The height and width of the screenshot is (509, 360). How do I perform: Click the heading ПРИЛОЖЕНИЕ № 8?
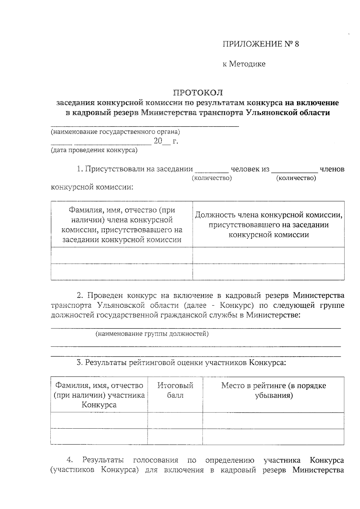261,44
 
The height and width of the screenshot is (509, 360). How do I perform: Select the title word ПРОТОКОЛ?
198,92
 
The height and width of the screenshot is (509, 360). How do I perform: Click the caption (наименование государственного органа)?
115,132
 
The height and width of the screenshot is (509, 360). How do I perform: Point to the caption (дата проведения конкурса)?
94,150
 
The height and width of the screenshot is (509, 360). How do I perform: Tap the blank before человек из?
211,171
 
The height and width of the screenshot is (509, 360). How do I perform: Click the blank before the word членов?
294,171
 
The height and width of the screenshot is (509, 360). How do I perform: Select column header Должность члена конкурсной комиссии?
268,225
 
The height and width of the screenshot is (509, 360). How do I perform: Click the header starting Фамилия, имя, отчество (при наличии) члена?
122,225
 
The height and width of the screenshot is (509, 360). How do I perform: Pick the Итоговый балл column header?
175,390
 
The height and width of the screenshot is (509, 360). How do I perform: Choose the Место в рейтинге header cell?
273,390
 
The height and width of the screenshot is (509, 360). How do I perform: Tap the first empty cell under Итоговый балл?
175,421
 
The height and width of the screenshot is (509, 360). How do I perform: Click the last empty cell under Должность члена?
268,272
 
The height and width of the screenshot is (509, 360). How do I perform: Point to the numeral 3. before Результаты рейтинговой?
79,363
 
